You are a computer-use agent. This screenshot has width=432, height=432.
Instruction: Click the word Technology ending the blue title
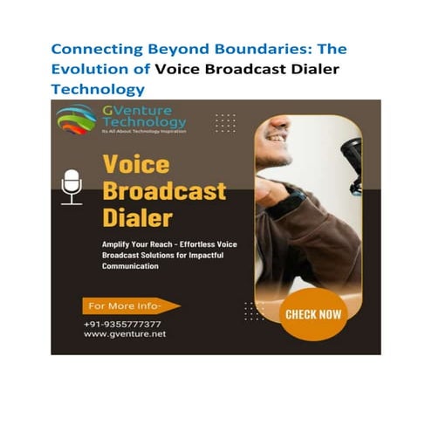[98, 89]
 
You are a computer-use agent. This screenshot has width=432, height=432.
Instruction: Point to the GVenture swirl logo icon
[77, 119]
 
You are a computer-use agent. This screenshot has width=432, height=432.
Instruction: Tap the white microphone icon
[72, 187]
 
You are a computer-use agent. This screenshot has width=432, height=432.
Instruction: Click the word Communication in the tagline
[118, 267]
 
